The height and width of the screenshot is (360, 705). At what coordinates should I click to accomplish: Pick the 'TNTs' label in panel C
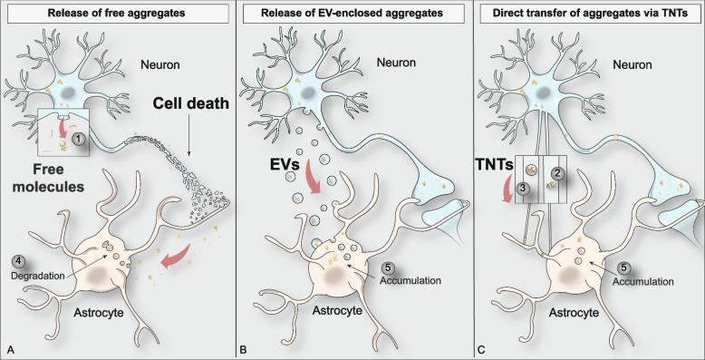coord(495,167)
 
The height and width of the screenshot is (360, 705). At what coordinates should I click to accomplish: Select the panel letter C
coord(479,349)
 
